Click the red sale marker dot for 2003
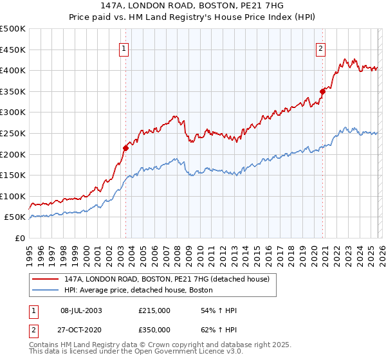[x=125, y=148]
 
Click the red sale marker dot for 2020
[x=323, y=91]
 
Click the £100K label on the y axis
[x=13, y=196]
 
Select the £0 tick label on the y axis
[x=20, y=238]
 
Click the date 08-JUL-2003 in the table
[x=81, y=310]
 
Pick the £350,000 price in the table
[x=154, y=329]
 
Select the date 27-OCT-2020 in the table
[x=81, y=329]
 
